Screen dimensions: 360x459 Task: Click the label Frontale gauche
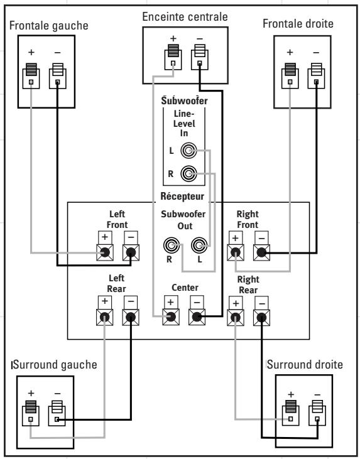coord(48,26)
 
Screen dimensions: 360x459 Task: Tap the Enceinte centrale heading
coord(185,17)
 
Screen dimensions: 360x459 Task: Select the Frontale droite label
coord(298,23)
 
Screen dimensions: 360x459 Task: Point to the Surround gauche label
coord(55,365)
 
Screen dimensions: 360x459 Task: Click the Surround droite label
coord(305,364)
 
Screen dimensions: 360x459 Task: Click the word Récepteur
coord(182,196)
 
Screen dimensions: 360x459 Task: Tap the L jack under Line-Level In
coord(188,151)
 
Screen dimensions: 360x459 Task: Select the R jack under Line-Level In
coord(188,173)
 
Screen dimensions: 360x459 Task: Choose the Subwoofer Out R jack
coord(172,246)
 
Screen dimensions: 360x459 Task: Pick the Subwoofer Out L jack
coord(199,246)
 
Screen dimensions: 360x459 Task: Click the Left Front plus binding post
coord(105,252)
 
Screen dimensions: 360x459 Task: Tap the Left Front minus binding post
coord(131,252)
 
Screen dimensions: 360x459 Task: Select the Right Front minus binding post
coord(261,252)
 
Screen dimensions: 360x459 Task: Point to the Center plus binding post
coord(171,317)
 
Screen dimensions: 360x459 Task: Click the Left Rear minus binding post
coord(131,317)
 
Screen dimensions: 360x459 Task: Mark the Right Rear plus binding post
coord(236,317)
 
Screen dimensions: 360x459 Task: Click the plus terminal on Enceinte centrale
coord(173,57)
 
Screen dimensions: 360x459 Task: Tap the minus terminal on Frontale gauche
coord(57,76)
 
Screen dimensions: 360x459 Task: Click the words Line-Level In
coord(184,123)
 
